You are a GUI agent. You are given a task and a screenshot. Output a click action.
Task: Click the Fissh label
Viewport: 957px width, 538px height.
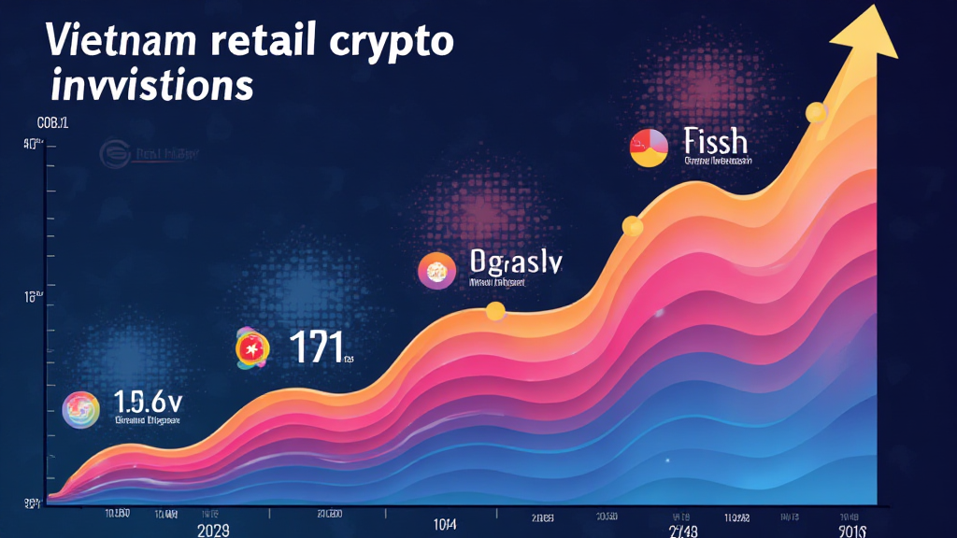pyautogui.click(x=715, y=142)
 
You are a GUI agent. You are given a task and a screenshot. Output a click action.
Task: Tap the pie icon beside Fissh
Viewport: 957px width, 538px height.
pyautogui.click(x=649, y=148)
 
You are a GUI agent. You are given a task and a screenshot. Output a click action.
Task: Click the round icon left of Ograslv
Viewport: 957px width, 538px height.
pyautogui.click(x=436, y=270)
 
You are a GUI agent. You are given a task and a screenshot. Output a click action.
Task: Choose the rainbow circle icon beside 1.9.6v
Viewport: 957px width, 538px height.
pyautogui.click(x=80, y=409)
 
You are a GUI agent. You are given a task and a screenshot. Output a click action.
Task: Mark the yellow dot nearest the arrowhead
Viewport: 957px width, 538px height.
pyautogui.click(x=816, y=112)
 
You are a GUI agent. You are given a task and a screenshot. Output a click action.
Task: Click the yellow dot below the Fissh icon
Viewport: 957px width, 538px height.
pyautogui.click(x=633, y=226)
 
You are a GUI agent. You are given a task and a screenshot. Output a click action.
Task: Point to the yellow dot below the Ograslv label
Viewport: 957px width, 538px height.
pyautogui.click(x=495, y=311)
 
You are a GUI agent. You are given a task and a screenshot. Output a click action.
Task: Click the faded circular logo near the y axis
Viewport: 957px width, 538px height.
pyautogui.click(x=116, y=156)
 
